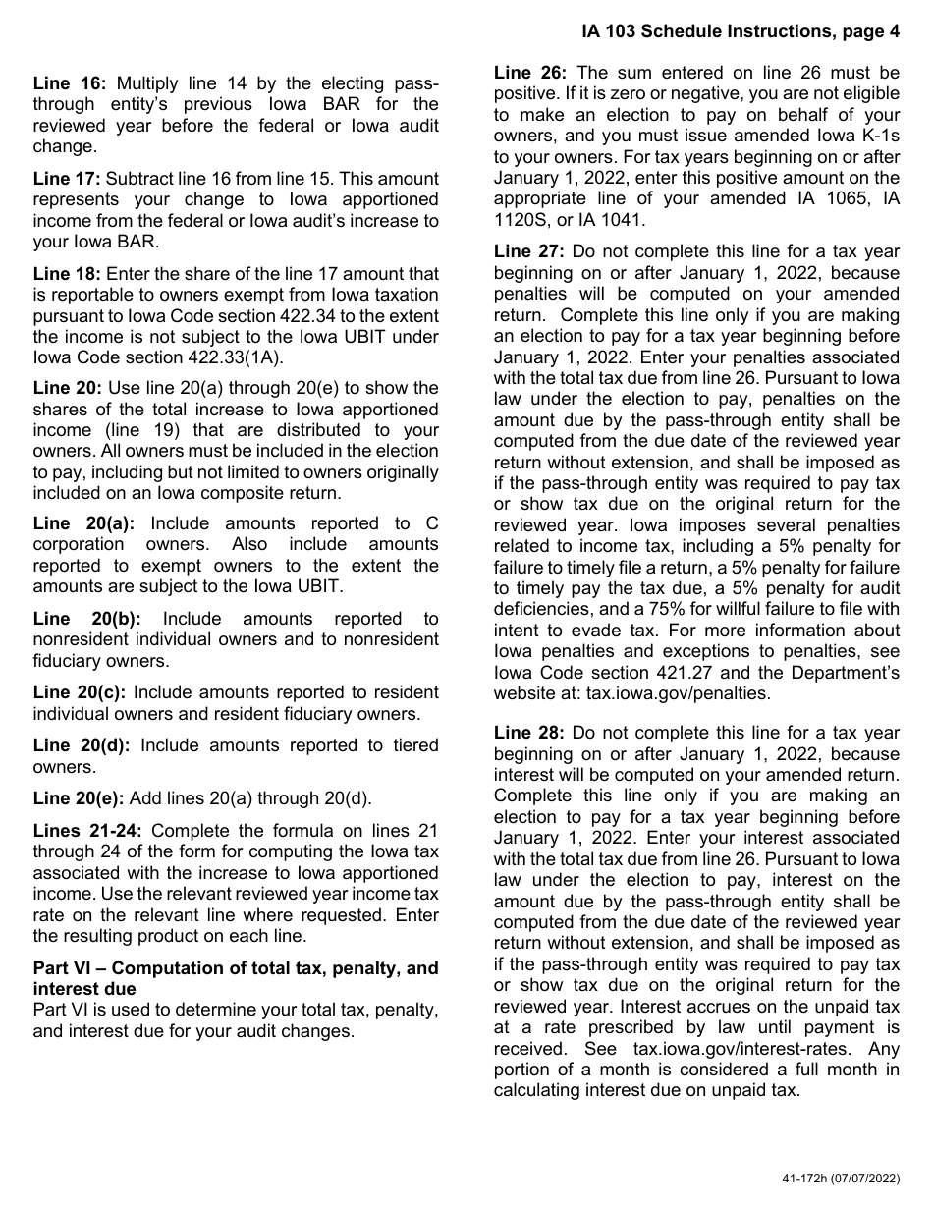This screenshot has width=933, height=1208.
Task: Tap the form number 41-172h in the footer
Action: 799,1177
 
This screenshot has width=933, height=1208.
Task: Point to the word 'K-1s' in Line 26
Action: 876,136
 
